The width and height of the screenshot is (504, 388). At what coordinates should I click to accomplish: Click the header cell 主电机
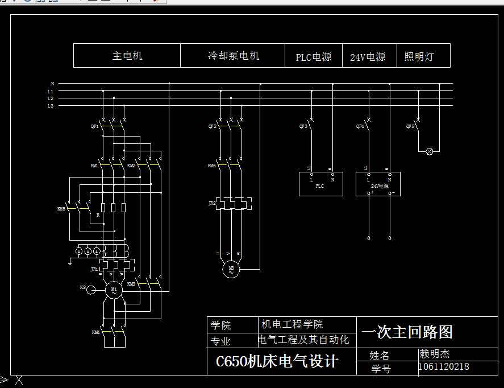click(127, 56)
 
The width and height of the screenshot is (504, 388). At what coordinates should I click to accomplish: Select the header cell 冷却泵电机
click(233, 56)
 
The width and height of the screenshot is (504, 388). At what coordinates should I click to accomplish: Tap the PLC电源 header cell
click(314, 57)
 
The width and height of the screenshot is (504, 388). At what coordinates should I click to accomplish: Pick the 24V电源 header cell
click(368, 57)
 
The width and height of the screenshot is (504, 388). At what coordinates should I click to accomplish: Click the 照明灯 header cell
click(419, 57)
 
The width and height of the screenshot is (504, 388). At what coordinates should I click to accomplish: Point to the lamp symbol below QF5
click(430, 151)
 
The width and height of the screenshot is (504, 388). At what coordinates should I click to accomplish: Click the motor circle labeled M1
click(114, 290)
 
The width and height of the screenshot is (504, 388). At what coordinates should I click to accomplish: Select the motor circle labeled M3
click(231, 269)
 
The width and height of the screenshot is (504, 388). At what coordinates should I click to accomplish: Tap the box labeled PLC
click(320, 184)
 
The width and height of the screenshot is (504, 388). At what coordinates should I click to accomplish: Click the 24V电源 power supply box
click(378, 184)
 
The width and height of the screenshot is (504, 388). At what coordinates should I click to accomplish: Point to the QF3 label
click(303, 126)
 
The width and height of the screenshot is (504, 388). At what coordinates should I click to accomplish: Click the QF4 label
click(360, 126)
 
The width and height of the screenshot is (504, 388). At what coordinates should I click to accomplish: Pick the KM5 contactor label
click(61, 209)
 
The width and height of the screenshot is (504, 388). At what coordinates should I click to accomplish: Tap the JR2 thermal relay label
click(212, 203)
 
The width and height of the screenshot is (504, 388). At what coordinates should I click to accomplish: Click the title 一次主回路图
click(407, 332)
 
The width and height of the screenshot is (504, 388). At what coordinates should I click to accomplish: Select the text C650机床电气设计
click(277, 361)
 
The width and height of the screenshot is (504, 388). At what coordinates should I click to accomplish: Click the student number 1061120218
click(444, 367)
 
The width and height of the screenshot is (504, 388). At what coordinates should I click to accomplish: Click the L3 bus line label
click(50, 106)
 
